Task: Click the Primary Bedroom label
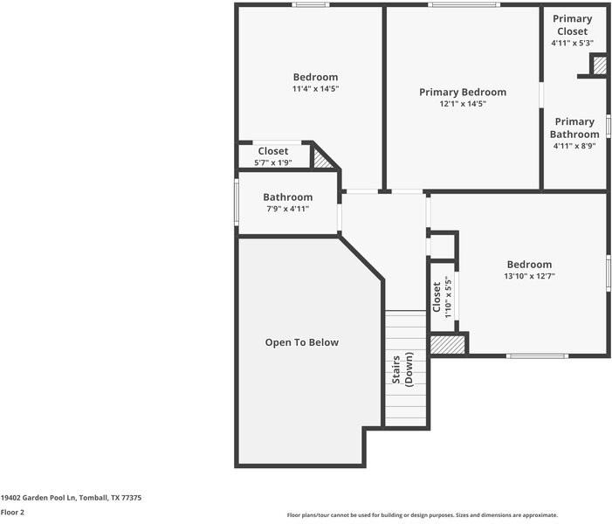coord(462,92)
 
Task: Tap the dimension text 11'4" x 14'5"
coord(315,89)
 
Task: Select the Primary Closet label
coord(572,24)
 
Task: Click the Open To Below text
coord(301,342)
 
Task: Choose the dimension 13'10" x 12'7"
coord(529,276)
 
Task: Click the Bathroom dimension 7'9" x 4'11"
coord(287,209)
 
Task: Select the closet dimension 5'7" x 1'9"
coord(272,162)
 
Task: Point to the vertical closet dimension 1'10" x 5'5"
coord(448,297)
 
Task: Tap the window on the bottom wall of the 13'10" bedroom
coord(537,355)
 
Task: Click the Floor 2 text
coord(12,513)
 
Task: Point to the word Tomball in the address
coord(93,498)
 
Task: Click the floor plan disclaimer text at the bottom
coord(422,515)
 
